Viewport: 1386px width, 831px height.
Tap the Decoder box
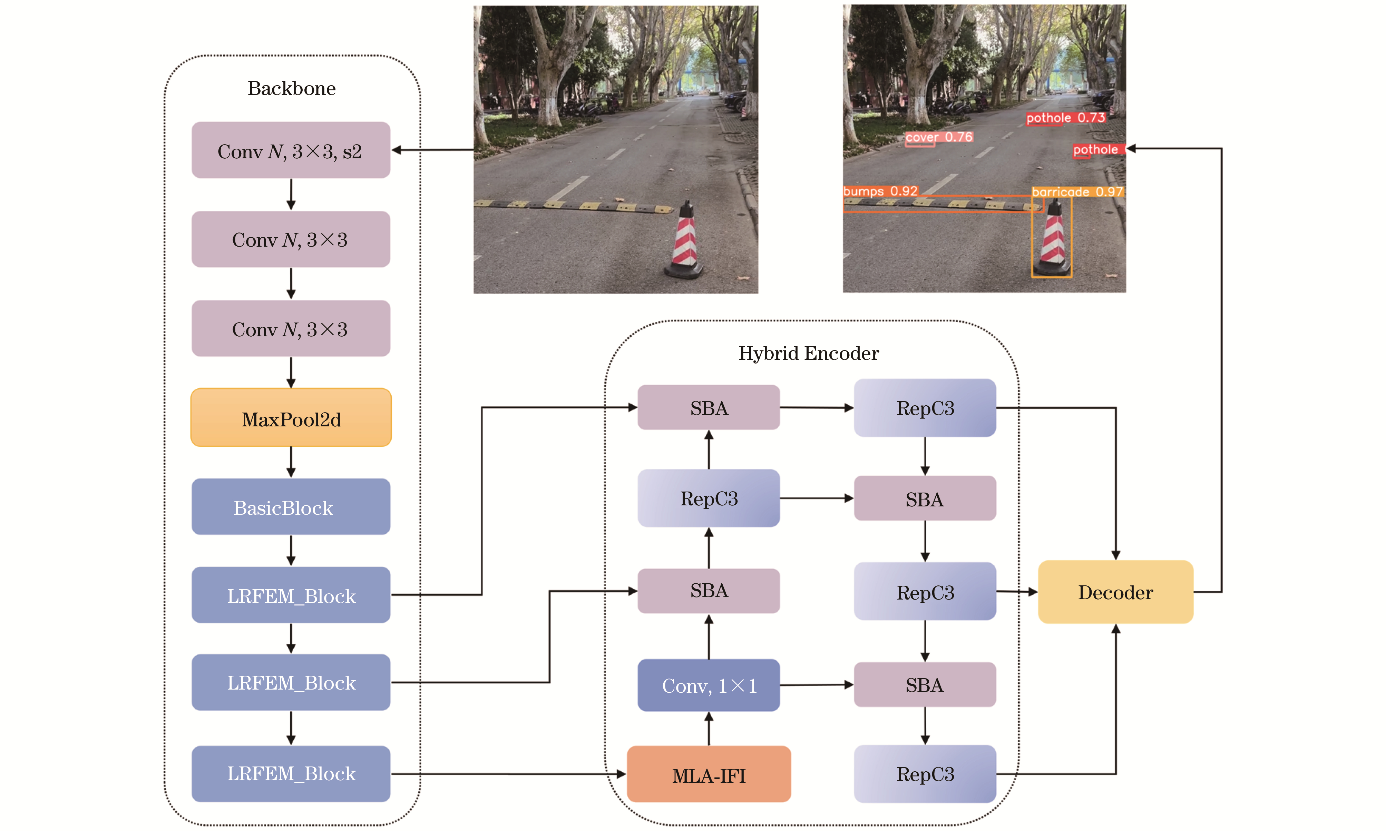pos(1115,592)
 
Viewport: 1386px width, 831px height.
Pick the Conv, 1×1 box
pos(709,685)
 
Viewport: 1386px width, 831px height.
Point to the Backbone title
pos(291,88)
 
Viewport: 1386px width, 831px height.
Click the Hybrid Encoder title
pos(808,353)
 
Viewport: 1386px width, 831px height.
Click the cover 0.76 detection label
pos(939,137)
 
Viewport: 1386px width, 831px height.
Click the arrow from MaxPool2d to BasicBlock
pos(291,462)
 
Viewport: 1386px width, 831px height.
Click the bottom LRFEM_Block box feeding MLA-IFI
pos(291,773)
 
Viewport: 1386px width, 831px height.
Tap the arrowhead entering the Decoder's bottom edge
pos(1115,630)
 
